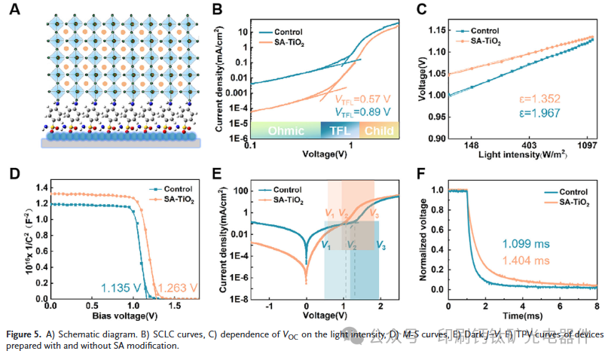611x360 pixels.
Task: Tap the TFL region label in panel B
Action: pos(341,130)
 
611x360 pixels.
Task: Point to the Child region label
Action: pos(379,130)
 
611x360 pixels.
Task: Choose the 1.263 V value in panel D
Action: pos(178,287)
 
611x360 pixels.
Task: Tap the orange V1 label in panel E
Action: pos(330,214)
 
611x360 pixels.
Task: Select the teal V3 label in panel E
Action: pos(382,244)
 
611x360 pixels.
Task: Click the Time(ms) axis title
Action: pos(521,316)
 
